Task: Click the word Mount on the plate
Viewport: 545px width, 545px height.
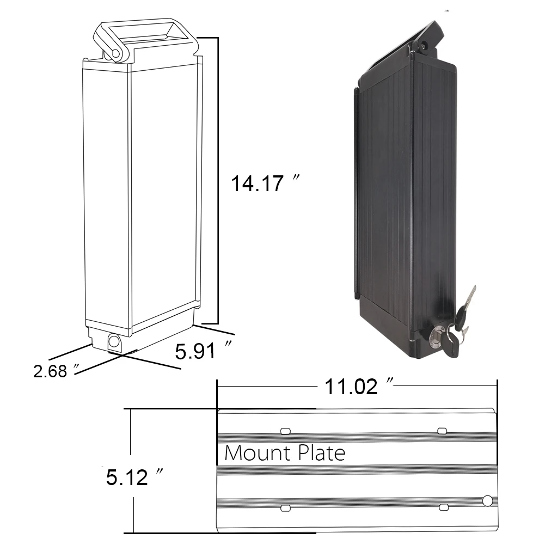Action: coord(253,453)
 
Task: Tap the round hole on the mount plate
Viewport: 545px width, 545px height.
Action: coord(487,500)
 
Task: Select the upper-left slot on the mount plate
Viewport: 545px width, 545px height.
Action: coord(285,431)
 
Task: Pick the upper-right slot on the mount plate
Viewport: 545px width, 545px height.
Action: coord(443,431)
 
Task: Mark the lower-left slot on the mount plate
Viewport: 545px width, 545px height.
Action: coord(285,508)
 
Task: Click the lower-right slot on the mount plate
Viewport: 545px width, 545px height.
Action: coord(443,508)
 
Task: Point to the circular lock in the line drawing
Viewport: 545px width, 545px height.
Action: coord(114,341)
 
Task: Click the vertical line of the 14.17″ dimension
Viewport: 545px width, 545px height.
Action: coord(218,180)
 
